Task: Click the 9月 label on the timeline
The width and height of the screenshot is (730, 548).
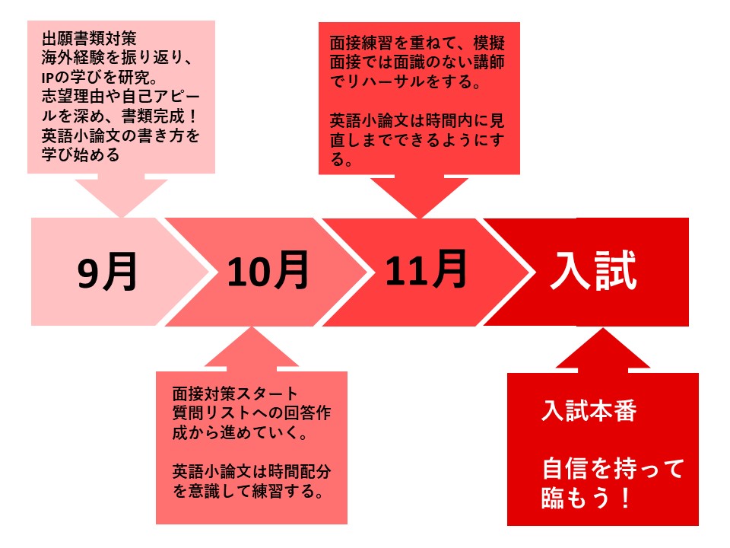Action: tap(107, 272)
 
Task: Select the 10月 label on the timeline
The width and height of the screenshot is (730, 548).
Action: tap(268, 269)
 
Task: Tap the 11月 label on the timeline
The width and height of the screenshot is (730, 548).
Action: tap(426, 269)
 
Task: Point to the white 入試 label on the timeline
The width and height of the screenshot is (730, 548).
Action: tap(593, 270)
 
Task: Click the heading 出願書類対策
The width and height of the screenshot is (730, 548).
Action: tap(89, 38)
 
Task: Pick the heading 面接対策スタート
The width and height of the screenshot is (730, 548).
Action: tap(235, 393)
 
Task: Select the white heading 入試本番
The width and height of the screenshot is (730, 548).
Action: tap(589, 411)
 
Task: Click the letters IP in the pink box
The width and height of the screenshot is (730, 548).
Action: tap(49, 78)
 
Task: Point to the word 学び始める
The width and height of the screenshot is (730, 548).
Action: tap(81, 155)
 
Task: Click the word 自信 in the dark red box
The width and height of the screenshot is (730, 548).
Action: tap(565, 469)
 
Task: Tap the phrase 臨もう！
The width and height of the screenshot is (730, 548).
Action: tap(586, 497)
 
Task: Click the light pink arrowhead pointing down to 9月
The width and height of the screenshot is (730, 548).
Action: tap(121, 196)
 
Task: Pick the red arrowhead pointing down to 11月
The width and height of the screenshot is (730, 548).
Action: tap(419, 196)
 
